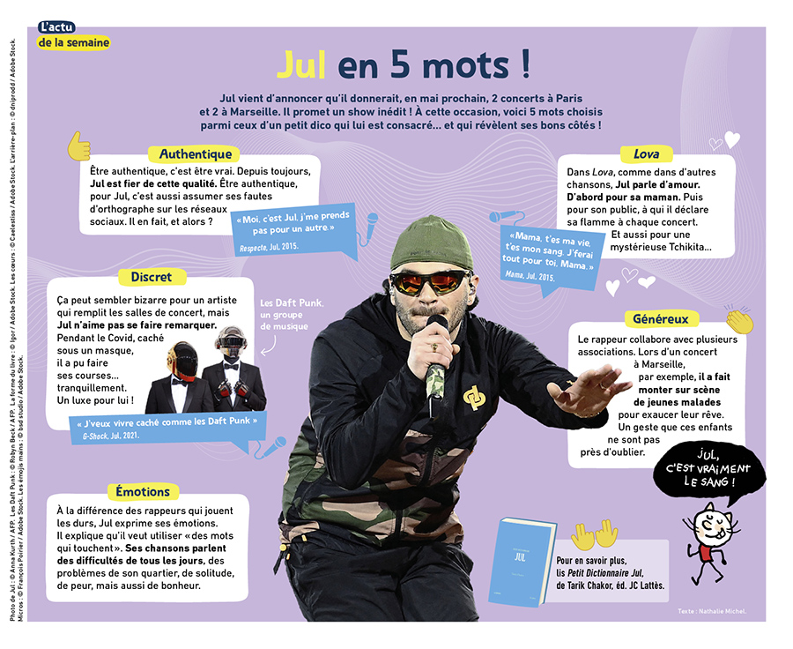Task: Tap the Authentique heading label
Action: point(196,154)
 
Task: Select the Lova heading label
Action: point(646,154)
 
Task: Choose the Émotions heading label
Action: point(143,491)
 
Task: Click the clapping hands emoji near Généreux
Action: point(738,320)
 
